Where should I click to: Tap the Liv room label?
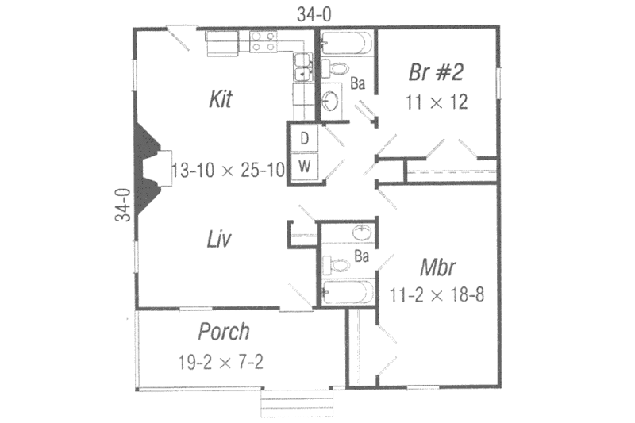(219, 238)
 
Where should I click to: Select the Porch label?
(224, 331)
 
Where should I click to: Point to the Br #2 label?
(436, 72)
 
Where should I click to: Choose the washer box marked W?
(304, 166)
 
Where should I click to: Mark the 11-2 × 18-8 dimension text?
(437, 293)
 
